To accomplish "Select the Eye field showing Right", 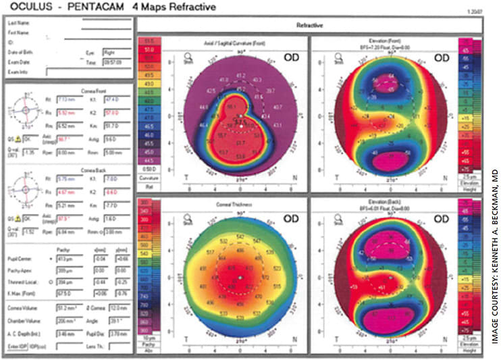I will tap(112, 51).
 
